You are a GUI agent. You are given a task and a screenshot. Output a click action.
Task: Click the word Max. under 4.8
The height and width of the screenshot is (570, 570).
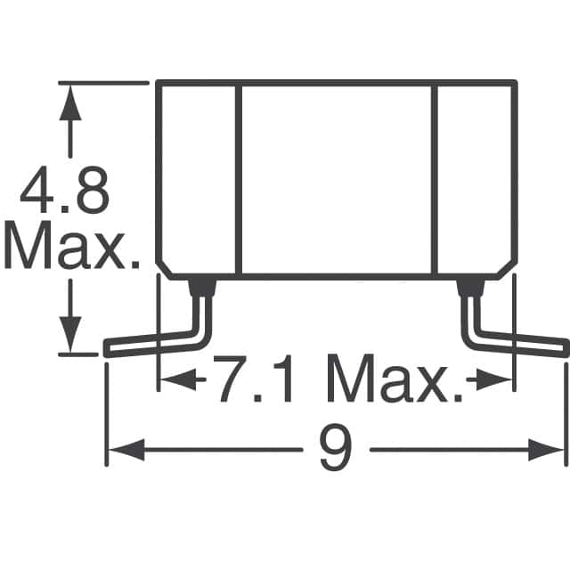[71, 248]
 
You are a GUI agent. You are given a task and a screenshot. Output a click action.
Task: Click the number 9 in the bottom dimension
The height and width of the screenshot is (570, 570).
[335, 451]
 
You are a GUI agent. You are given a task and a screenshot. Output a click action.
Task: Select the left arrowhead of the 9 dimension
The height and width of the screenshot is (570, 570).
[121, 451]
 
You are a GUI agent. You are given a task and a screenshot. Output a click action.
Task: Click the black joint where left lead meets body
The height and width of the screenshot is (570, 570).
[203, 287]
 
